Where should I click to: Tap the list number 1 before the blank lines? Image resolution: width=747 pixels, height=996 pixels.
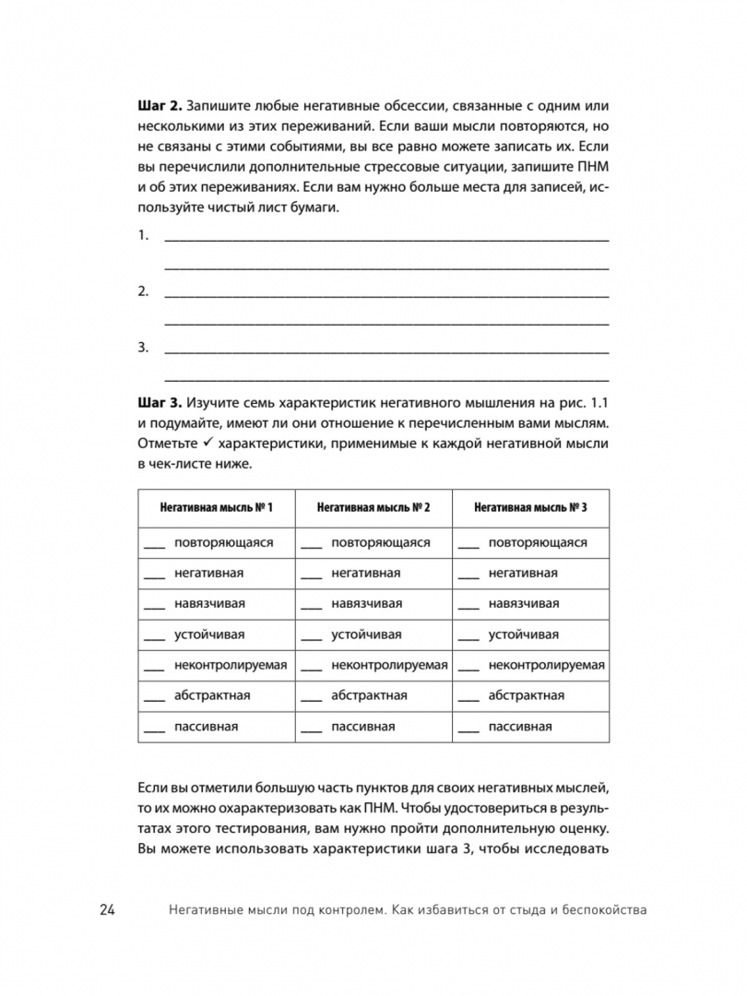point(143,236)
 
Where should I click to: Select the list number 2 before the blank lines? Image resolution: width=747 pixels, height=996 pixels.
point(143,291)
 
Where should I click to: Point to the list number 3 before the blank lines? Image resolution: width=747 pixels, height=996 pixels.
point(143,348)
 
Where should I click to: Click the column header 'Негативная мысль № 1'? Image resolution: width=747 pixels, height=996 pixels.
point(216,507)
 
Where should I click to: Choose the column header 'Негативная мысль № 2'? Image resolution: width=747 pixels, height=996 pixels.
point(373,507)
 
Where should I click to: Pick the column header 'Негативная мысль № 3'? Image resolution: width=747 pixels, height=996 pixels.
point(530,507)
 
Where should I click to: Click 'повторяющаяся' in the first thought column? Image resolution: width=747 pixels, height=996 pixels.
point(223,542)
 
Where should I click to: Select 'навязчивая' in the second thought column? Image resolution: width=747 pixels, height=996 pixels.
point(366,604)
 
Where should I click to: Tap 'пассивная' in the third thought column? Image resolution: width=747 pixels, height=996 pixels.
point(520,727)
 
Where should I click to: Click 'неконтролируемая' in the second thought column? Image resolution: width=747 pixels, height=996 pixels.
point(389,665)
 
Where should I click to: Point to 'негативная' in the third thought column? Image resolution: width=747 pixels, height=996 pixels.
point(523,574)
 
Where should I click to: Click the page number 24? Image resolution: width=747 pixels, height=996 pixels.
point(107,910)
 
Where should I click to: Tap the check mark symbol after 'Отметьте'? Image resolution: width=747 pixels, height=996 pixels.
point(205,444)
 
